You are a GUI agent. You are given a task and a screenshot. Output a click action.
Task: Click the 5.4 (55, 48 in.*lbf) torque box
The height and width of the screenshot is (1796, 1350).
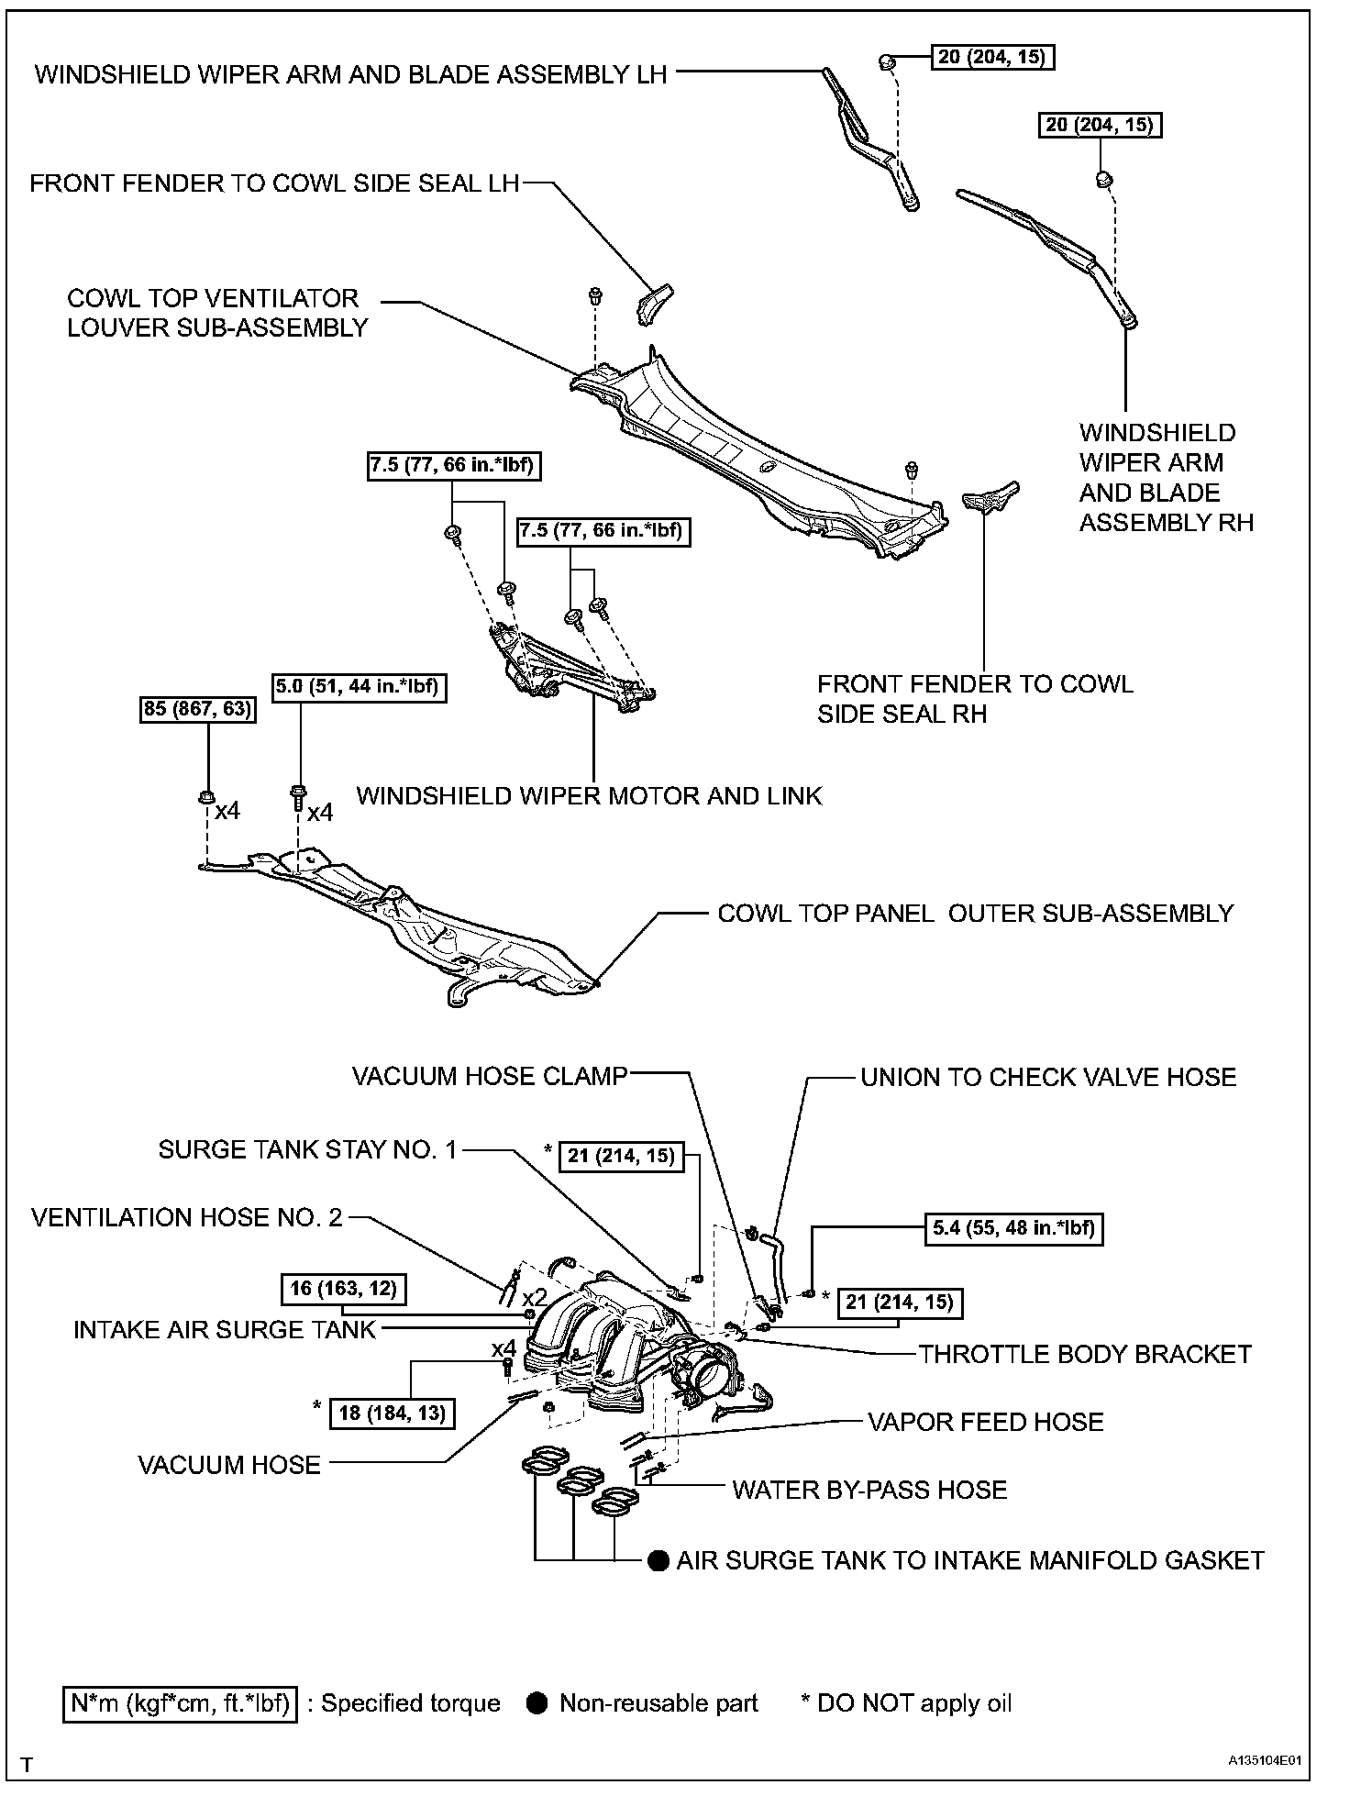[1012, 1228]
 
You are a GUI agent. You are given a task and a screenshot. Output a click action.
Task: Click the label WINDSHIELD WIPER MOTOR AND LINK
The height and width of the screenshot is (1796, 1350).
[589, 795]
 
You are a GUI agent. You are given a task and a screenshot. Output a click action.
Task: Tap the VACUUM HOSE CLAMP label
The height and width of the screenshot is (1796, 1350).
[490, 1076]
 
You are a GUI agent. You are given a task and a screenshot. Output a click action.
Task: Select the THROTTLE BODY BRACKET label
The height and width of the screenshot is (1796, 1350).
[1085, 1354]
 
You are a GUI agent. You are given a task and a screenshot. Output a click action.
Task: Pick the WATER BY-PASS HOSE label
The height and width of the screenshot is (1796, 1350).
[869, 1490]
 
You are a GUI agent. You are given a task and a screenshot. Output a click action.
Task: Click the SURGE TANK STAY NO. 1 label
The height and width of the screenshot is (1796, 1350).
[307, 1149]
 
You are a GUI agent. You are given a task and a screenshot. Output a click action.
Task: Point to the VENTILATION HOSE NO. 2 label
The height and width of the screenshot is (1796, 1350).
[187, 1217]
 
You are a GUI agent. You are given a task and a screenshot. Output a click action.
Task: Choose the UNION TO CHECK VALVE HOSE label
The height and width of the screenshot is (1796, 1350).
[1048, 1077]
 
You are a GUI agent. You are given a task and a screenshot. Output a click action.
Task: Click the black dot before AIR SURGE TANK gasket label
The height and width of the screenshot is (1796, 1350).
[658, 1561]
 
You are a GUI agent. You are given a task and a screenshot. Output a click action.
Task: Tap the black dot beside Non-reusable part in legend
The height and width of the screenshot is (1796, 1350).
[538, 1703]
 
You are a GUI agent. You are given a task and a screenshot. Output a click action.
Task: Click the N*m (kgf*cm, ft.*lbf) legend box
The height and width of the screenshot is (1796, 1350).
[181, 1703]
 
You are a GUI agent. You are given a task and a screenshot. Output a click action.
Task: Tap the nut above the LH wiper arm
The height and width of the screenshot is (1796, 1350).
[887, 62]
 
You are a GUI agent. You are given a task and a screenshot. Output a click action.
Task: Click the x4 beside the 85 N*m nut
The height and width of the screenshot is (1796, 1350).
[227, 811]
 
